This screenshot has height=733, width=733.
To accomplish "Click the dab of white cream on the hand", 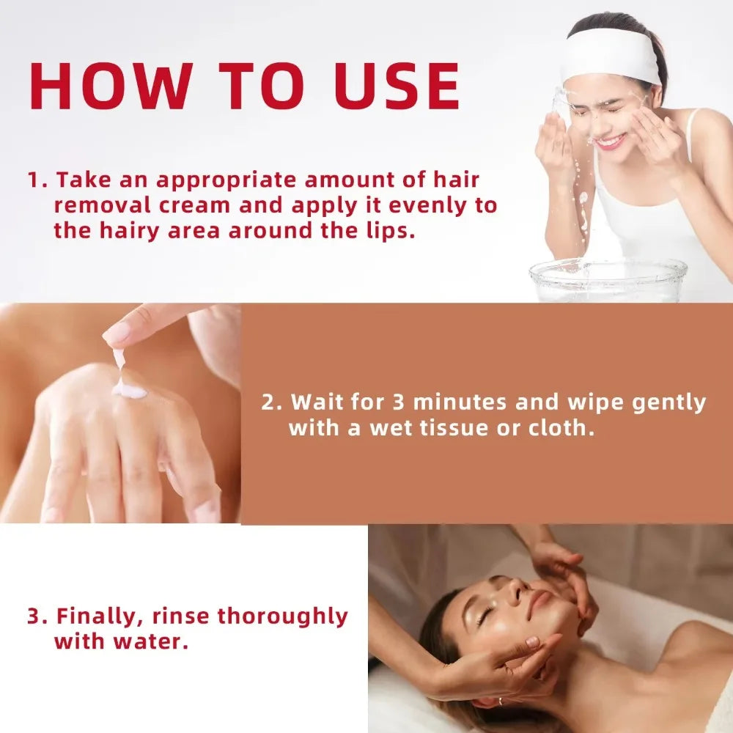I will tap(129, 390).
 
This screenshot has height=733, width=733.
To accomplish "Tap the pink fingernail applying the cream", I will tap(115, 334).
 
